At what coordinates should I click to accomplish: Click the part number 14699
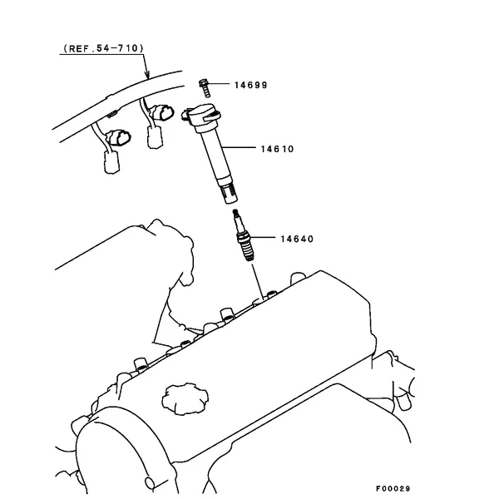coord(251,85)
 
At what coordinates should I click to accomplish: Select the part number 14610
coord(277,149)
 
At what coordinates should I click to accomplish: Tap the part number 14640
coord(297,239)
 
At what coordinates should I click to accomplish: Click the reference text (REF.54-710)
coord(103,48)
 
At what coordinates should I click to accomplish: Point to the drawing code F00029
coord(393,488)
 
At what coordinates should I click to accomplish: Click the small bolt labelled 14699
coord(205,88)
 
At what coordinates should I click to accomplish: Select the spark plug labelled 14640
coord(244,235)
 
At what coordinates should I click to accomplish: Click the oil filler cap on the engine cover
coord(185,398)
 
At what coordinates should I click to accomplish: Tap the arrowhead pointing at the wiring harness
coord(146,75)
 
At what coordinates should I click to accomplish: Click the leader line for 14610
coord(239,148)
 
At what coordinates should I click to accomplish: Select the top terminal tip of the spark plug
coord(235,211)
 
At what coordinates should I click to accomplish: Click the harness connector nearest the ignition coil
coord(162,113)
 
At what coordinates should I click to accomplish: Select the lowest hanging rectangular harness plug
coord(111,162)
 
